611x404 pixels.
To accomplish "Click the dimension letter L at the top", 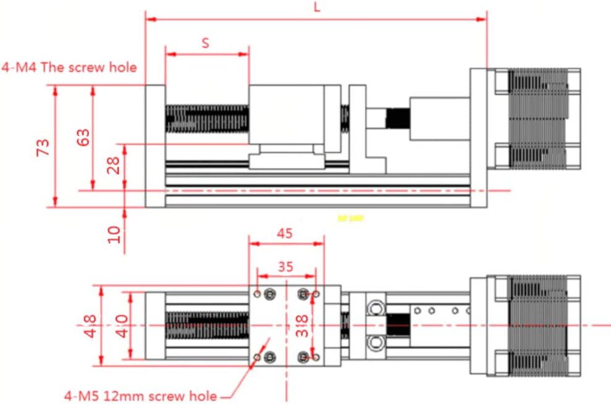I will [317, 8].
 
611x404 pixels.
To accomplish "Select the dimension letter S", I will [206, 43].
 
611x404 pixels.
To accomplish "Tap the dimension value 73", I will [43, 147].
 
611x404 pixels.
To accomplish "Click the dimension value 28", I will [114, 165].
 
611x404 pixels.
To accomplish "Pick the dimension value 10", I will [114, 234].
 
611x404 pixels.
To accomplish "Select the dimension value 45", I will [285, 233].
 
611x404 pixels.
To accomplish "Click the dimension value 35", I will [285, 267].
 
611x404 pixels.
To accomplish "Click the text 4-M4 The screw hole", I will [69, 67].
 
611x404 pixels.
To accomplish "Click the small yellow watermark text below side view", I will [351, 218].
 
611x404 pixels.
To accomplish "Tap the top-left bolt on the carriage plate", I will [269, 295].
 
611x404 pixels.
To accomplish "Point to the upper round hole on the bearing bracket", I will [374, 307].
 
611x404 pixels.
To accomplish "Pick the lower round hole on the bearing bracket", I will [374, 341].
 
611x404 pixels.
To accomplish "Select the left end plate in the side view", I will [154, 146].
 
